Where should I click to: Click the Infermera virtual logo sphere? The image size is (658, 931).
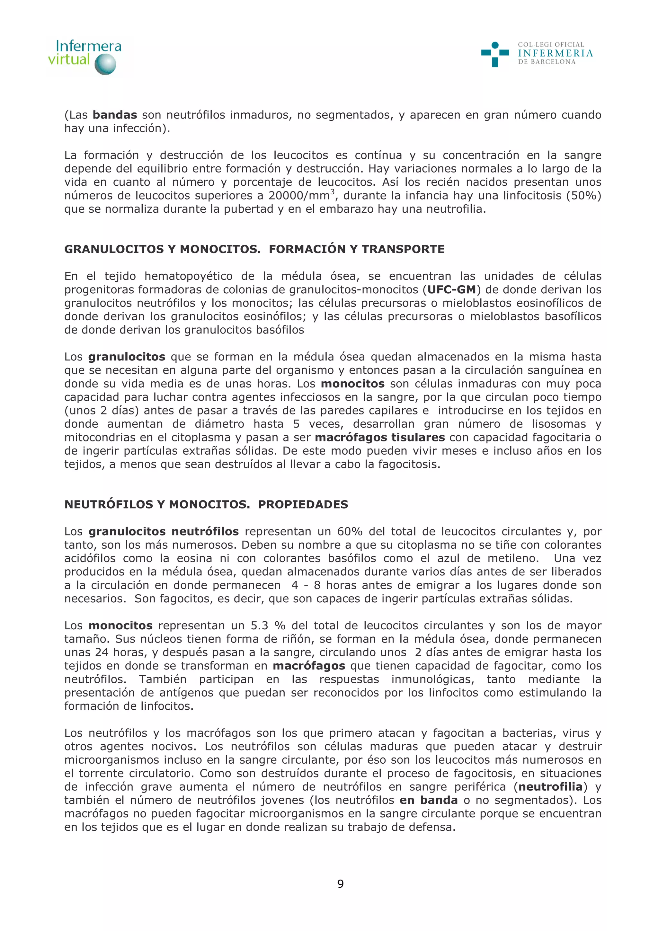[105, 65]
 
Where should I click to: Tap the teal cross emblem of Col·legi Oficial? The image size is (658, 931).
[495, 54]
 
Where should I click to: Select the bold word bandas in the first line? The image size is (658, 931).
[115, 115]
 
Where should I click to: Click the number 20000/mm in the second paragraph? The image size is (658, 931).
[299, 196]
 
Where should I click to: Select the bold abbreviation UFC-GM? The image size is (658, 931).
[452, 289]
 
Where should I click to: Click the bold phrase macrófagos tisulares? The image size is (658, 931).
[380, 438]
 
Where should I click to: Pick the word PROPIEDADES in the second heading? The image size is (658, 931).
[303, 504]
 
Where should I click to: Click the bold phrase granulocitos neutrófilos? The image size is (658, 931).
[164, 532]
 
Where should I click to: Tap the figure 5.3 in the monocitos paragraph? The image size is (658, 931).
[260, 626]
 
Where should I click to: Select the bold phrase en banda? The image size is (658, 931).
[429, 801]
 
